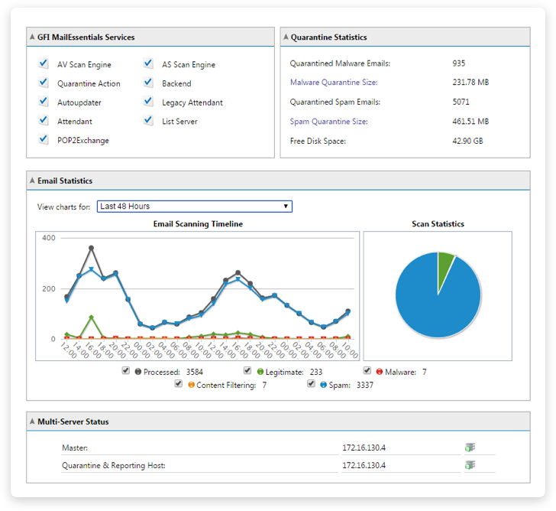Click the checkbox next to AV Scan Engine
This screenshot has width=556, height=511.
[44, 64]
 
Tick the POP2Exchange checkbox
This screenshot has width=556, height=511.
[44, 140]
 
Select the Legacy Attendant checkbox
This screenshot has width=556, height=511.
[148, 102]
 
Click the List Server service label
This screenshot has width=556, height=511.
[179, 122]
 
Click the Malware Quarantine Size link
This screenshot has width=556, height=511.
[334, 83]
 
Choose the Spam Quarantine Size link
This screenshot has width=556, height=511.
[328, 122]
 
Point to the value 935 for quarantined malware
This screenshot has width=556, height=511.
[458, 63]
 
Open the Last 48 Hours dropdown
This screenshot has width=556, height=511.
[195, 207]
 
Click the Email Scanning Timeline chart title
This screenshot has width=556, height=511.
[198, 224]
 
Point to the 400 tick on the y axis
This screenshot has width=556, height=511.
[48, 239]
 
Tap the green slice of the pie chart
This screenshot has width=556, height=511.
[445, 265]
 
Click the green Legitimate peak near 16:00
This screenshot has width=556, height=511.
[92, 317]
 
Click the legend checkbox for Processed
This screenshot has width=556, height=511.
[125, 371]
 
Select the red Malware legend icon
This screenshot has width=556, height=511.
[379, 373]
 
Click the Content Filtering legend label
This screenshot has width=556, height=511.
[226, 386]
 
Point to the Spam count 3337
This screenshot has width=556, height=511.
[364, 386]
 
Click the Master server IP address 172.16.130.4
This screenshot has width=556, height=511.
[364, 446]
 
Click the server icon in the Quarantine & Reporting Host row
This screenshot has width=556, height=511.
[470, 465]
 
